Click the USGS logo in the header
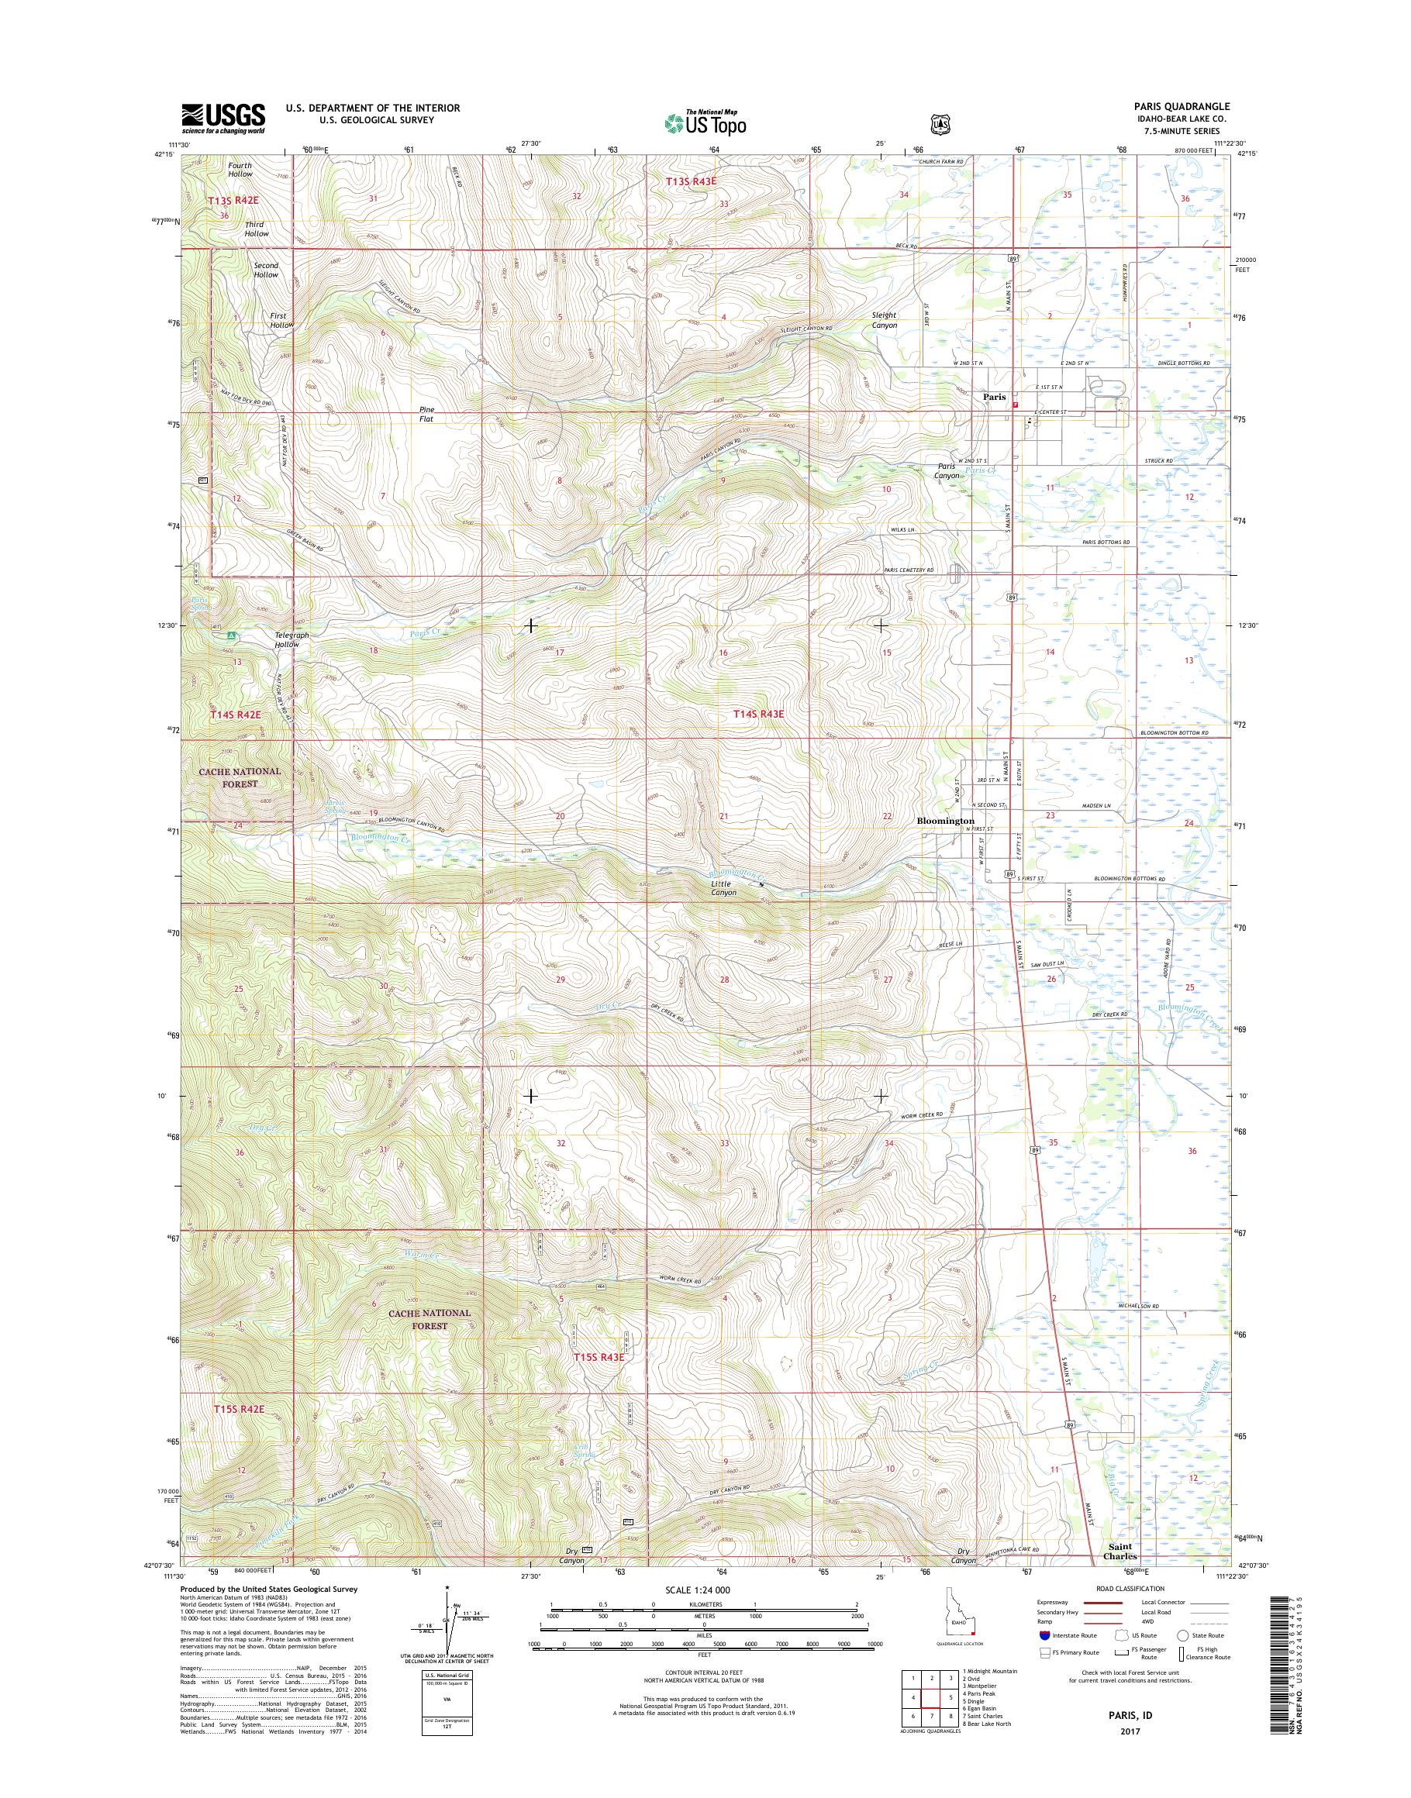coord(223,119)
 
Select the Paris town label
coord(994,398)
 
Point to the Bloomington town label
coord(945,821)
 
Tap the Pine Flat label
coord(426,415)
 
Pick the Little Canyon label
coord(723,888)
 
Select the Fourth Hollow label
coord(240,170)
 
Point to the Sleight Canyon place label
coord(884,320)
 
